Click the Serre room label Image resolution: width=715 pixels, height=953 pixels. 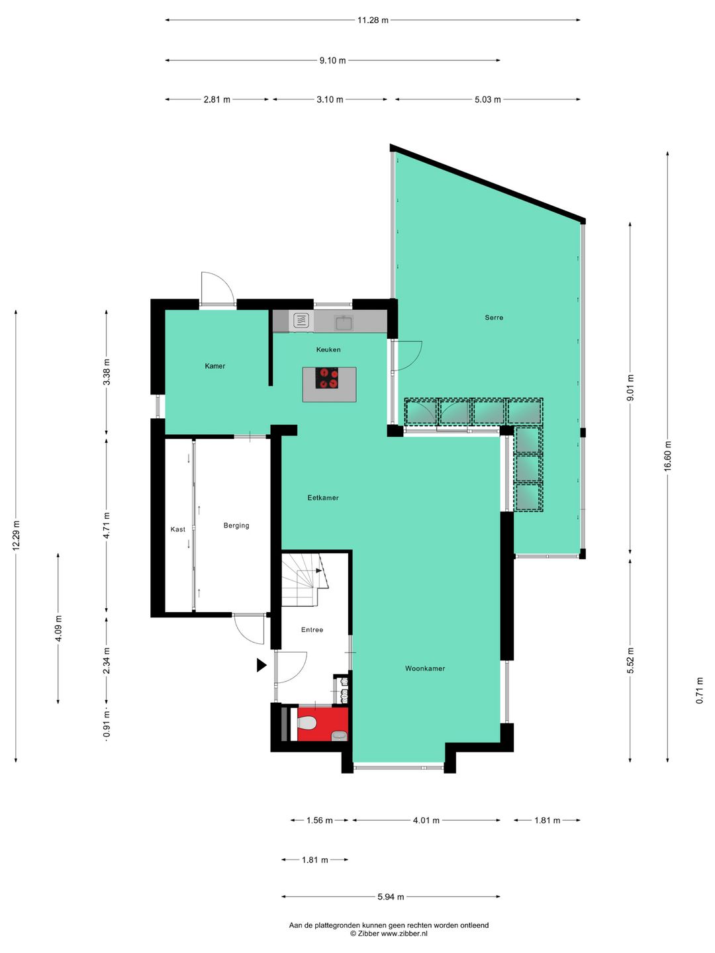(494, 318)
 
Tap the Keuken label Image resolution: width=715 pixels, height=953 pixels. (328, 349)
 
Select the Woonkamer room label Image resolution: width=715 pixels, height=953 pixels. (425, 668)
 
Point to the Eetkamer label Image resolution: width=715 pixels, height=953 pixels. (323, 498)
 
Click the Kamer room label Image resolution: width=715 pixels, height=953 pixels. (215, 366)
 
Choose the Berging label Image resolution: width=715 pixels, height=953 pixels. (236, 525)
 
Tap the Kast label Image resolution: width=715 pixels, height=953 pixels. (178, 529)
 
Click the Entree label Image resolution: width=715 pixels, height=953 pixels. (312, 630)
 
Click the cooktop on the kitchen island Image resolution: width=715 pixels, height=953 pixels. (328, 379)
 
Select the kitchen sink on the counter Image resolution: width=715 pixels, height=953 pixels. (344, 323)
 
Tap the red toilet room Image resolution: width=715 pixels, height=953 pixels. (322, 724)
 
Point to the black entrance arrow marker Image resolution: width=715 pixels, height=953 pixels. (262, 665)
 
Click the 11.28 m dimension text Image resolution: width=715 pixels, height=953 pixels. (373, 21)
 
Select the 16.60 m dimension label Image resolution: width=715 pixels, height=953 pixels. (668, 456)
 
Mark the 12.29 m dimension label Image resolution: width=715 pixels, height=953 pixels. (17, 535)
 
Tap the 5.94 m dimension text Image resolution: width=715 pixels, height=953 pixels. (391, 897)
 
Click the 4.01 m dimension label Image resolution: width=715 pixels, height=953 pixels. (426, 821)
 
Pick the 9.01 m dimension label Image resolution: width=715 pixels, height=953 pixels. (630, 388)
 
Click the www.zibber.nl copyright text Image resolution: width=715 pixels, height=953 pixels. (389, 934)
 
